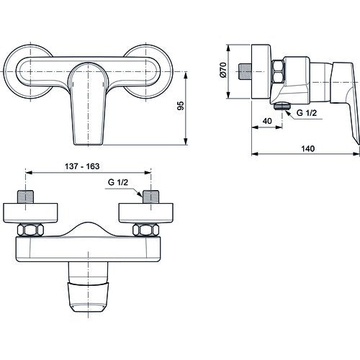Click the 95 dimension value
point(181,106)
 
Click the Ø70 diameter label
point(223,70)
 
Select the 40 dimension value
point(267,121)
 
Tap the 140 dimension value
point(308,148)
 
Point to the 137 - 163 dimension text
point(82,166)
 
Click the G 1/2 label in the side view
point(307,112)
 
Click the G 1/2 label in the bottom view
point(118,182)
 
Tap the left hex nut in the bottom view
point(30,230)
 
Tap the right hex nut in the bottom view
point(145,230)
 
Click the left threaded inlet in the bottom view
point(25,197)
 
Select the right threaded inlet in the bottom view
point(150,197)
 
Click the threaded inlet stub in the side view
point(246,71)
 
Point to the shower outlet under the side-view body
point(282,105)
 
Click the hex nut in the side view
point(278,72)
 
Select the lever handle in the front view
point(89,103)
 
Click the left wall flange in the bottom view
point(30,213)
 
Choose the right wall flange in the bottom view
point(146,213)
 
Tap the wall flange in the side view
point(261,72)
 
